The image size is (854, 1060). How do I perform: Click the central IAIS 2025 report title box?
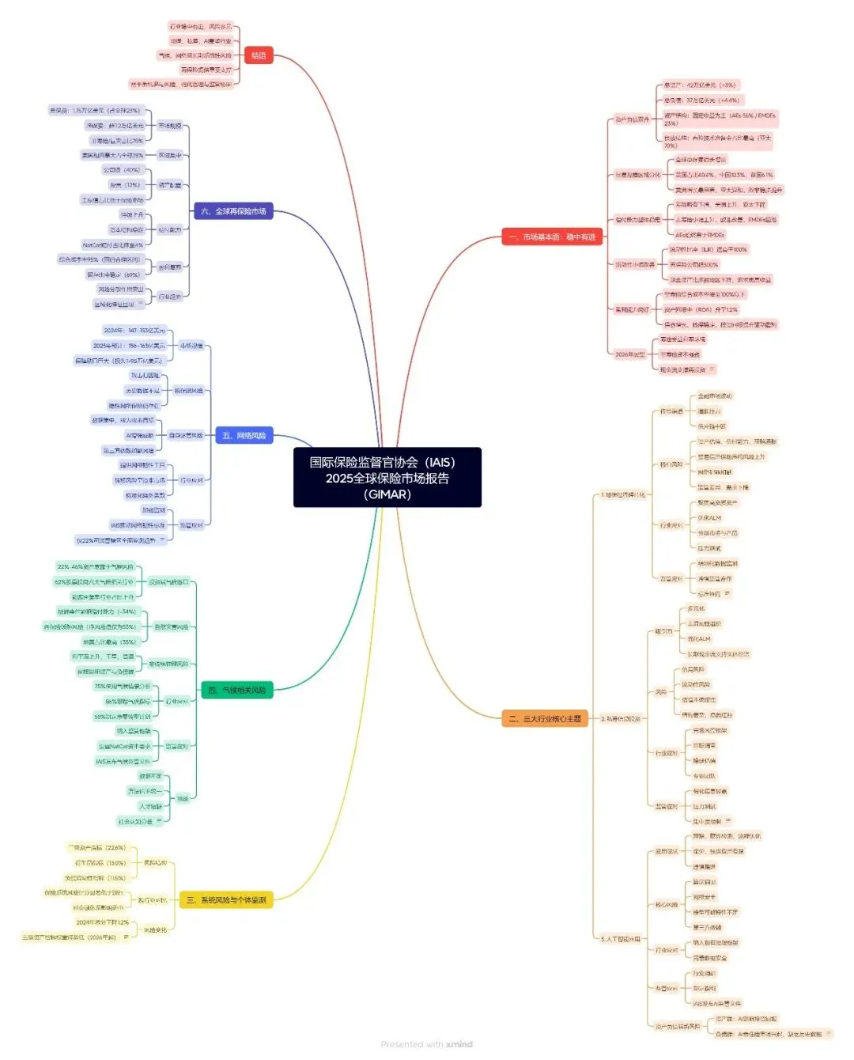coord(387,478)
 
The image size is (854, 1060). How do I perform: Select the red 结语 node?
coord(259,55)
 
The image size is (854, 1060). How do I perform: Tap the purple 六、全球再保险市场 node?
coord(233,211)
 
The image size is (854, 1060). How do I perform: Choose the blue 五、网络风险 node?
coord(244,436)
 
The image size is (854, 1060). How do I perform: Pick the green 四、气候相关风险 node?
coord(236,691)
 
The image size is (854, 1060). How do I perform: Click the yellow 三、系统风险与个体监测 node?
coord(226,900)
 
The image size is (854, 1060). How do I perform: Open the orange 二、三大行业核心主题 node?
coord(545,719)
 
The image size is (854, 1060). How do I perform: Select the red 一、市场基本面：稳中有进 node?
coord(551,237)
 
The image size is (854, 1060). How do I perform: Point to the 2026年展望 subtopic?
coord(630,354)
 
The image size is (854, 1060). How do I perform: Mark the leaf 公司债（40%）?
coord(121,170)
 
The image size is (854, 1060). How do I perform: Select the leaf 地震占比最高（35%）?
coord(109,642)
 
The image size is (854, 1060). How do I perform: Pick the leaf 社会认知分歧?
coord(134,822)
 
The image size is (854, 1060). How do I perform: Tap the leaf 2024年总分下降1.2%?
coord(103,922)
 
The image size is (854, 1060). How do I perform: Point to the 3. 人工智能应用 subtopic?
coord(620,940)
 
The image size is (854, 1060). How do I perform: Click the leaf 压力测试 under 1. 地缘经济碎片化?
coord(709,548)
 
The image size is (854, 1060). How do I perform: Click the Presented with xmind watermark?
coord(426,1044)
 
